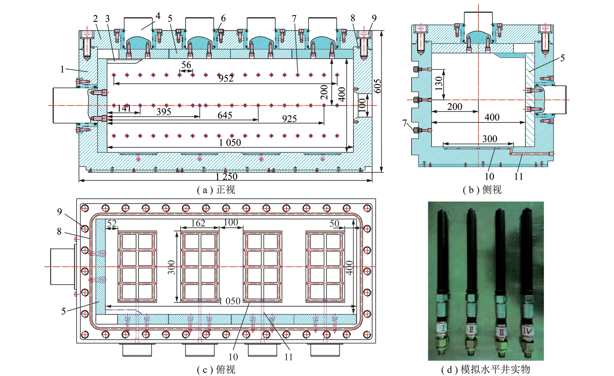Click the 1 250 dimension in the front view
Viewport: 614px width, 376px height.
[226, 177]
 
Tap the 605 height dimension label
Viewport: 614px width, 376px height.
[378, 86]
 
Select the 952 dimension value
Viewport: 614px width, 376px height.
[226, 78]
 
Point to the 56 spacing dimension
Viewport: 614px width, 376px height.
[186, 65]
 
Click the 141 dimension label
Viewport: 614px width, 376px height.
[124, 108]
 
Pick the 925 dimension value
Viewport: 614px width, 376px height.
[289, 119]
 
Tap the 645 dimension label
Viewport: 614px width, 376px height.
[225, 115]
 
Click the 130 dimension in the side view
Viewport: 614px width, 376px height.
[438, 83]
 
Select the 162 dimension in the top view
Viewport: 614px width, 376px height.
[198, 223]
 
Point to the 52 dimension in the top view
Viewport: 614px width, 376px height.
[112, 223]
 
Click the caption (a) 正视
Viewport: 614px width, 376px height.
[216, 190]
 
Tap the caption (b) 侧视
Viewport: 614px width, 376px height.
[482, 190]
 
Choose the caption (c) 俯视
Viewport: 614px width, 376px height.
[216, 370]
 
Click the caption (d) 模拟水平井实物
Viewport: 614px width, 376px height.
[486, 370]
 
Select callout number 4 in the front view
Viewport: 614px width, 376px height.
[158, 16]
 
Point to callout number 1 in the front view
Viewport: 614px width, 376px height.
[62, 69]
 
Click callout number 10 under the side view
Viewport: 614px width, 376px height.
[489, 176]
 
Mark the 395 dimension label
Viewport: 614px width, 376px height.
[164, 111]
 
